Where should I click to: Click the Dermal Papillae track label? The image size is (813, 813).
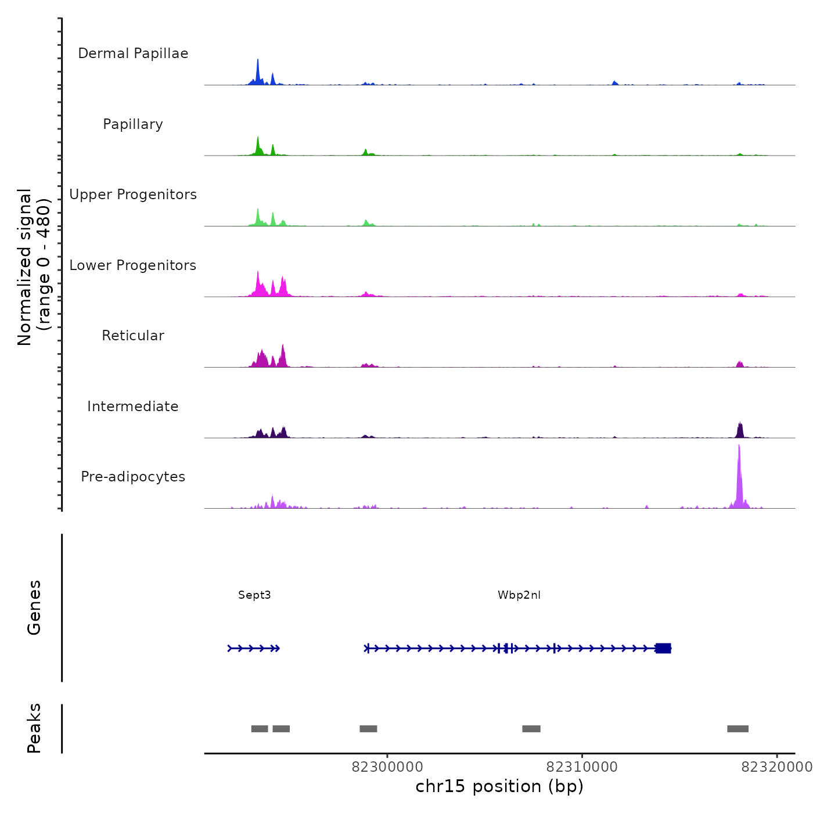point(133,53)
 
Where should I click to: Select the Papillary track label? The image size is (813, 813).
point(133,124)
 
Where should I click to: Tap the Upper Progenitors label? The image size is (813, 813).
point(133,195)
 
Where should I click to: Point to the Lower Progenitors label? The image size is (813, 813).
point(133,265)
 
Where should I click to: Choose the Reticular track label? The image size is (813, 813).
point(133,336)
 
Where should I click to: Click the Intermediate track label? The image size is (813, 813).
point(133,406)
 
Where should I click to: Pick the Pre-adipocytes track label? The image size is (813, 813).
point(133,477)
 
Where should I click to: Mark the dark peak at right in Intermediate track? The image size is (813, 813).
point(740,430)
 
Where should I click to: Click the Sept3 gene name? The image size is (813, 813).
point(254,595)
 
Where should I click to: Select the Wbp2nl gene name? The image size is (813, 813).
point(519,595)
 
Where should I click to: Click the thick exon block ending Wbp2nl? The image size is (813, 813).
point(663,648)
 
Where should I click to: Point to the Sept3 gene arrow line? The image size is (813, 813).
point(254,648)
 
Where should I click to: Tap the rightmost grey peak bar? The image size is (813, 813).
point(738,729)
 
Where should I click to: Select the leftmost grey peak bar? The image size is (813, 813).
point(260,729)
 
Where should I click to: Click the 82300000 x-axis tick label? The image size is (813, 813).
point(387,767)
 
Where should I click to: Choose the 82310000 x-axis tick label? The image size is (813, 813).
point(582,767)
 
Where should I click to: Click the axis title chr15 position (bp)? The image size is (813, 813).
point(499,786)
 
